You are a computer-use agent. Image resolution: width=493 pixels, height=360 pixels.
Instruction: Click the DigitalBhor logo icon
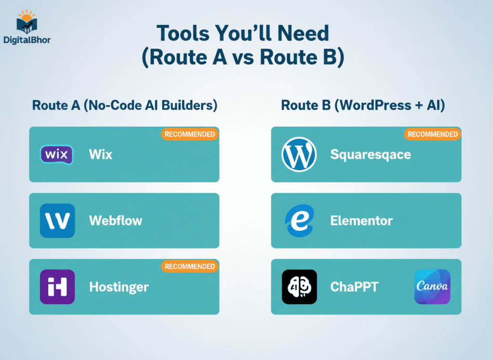tap(26, 22)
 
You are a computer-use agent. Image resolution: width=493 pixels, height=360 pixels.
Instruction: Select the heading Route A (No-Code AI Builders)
tap(124, 106)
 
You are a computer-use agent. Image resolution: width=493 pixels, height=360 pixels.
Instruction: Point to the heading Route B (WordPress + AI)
tap(363, 106)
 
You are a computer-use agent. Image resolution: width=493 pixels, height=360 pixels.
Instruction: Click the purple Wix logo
tap(57, 155)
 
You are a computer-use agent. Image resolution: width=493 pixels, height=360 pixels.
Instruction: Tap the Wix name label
tap(101, 155)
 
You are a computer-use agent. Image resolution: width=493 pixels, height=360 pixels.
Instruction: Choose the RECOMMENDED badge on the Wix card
tap(190, 134)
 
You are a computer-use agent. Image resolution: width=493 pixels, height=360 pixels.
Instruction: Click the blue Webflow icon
tap(57, 221)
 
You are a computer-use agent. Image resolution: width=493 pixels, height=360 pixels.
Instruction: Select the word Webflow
tap(116, 221)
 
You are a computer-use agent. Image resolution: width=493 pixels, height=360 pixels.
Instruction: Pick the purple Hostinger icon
tap(57, 287)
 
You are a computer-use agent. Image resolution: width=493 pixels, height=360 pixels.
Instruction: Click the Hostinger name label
tap(119, 287)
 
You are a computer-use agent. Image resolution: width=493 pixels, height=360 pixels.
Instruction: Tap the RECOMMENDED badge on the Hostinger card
tap(190, 266)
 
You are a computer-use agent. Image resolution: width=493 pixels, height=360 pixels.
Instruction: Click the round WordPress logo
tap(299, 155)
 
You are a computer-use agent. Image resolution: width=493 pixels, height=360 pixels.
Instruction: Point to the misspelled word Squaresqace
tap(370, 155)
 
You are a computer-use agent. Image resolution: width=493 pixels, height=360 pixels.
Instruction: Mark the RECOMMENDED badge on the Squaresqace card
tap(432, 134)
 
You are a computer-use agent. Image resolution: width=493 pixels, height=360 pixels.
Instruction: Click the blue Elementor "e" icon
tap(299, 221)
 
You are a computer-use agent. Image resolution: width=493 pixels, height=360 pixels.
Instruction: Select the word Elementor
tap(361, 221)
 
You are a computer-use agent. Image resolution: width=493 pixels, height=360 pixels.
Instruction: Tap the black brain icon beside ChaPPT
tap(299, 287)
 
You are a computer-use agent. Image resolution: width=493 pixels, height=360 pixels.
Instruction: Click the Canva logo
tap(432, 287)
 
